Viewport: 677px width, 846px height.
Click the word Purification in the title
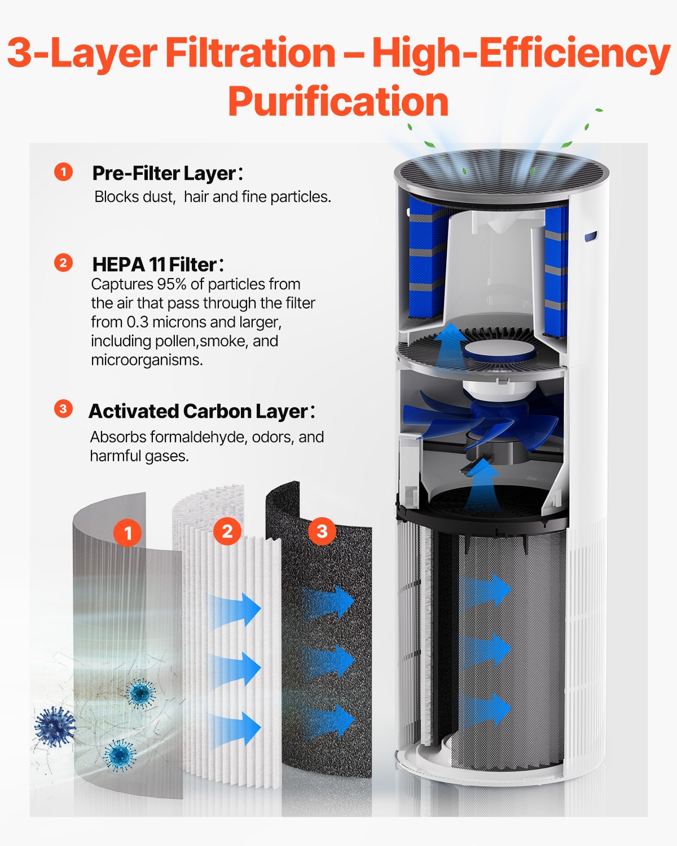click(338, 102)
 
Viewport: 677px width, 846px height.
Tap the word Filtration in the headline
click(250, 54)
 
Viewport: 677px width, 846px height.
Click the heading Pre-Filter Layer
click(164, 173)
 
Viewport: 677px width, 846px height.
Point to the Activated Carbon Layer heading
click(198, 411)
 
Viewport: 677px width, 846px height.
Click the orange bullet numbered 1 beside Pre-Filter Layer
click(63, 172)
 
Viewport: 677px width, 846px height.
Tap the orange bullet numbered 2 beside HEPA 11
click(63, 263)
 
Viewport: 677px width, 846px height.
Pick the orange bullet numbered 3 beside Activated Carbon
click(63, 409)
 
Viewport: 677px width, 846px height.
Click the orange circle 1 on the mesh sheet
click(128, 532)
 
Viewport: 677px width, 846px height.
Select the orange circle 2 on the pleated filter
click(227, 531)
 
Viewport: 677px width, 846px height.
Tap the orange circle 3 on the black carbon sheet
click(322, 531)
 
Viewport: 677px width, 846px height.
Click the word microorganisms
click(147, 360)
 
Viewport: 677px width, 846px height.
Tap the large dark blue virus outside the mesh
click(54, 726)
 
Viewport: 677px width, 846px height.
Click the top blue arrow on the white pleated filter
click(237, 609)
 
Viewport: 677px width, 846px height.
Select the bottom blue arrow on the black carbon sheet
click(330, 721)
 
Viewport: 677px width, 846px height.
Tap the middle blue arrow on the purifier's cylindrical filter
click(485, 649)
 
